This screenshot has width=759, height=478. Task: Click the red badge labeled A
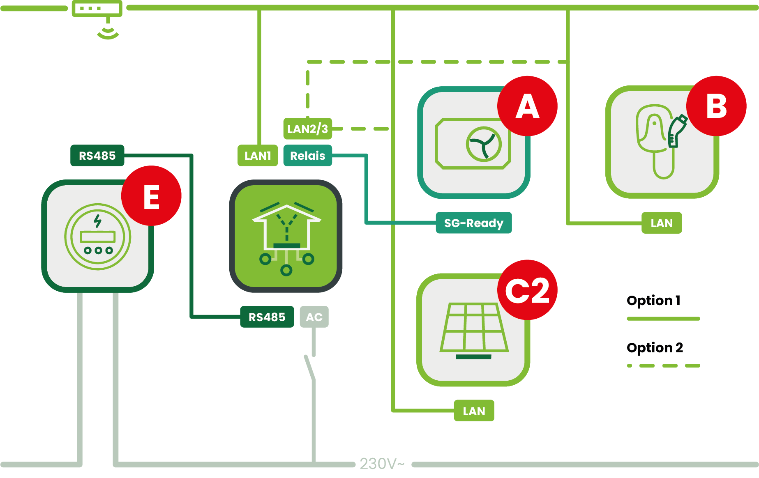coord(527,106)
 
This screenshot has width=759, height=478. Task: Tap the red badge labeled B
coord(716,106)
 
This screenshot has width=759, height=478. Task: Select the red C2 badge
coord(527,290)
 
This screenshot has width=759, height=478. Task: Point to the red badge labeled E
coord(151,196)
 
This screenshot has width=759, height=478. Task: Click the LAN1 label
coord(258,156)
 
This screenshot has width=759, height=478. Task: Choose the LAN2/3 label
coord(307,129)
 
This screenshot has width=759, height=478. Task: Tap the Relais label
coord(307,156)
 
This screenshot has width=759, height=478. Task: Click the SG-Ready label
coord(473,223)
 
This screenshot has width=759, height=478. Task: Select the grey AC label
coord(314,317)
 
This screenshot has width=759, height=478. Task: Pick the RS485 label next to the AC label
coord(267,317)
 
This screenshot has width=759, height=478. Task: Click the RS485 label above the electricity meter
coord(97,156)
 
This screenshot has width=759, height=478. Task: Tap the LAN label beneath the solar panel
coord(474,411)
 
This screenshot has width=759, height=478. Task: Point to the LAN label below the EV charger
coord(662,223)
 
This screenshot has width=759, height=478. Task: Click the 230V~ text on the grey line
coord(382,464)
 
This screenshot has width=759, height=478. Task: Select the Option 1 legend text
coord(653,301)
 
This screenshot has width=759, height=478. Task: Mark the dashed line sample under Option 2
coord(663,365)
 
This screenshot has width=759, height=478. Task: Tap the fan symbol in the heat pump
coord(484,144)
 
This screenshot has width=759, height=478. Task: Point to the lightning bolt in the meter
coord(97,221)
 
